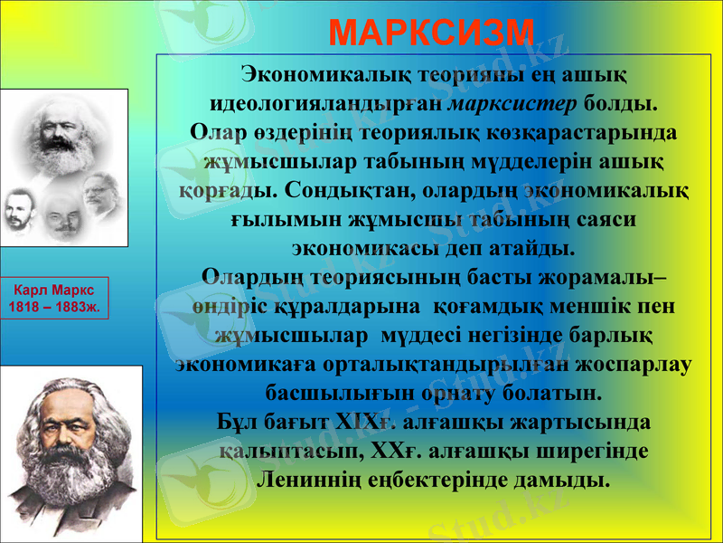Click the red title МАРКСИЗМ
(432, 32)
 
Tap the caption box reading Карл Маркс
(54, 290)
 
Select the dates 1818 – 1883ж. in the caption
(54, 307)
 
